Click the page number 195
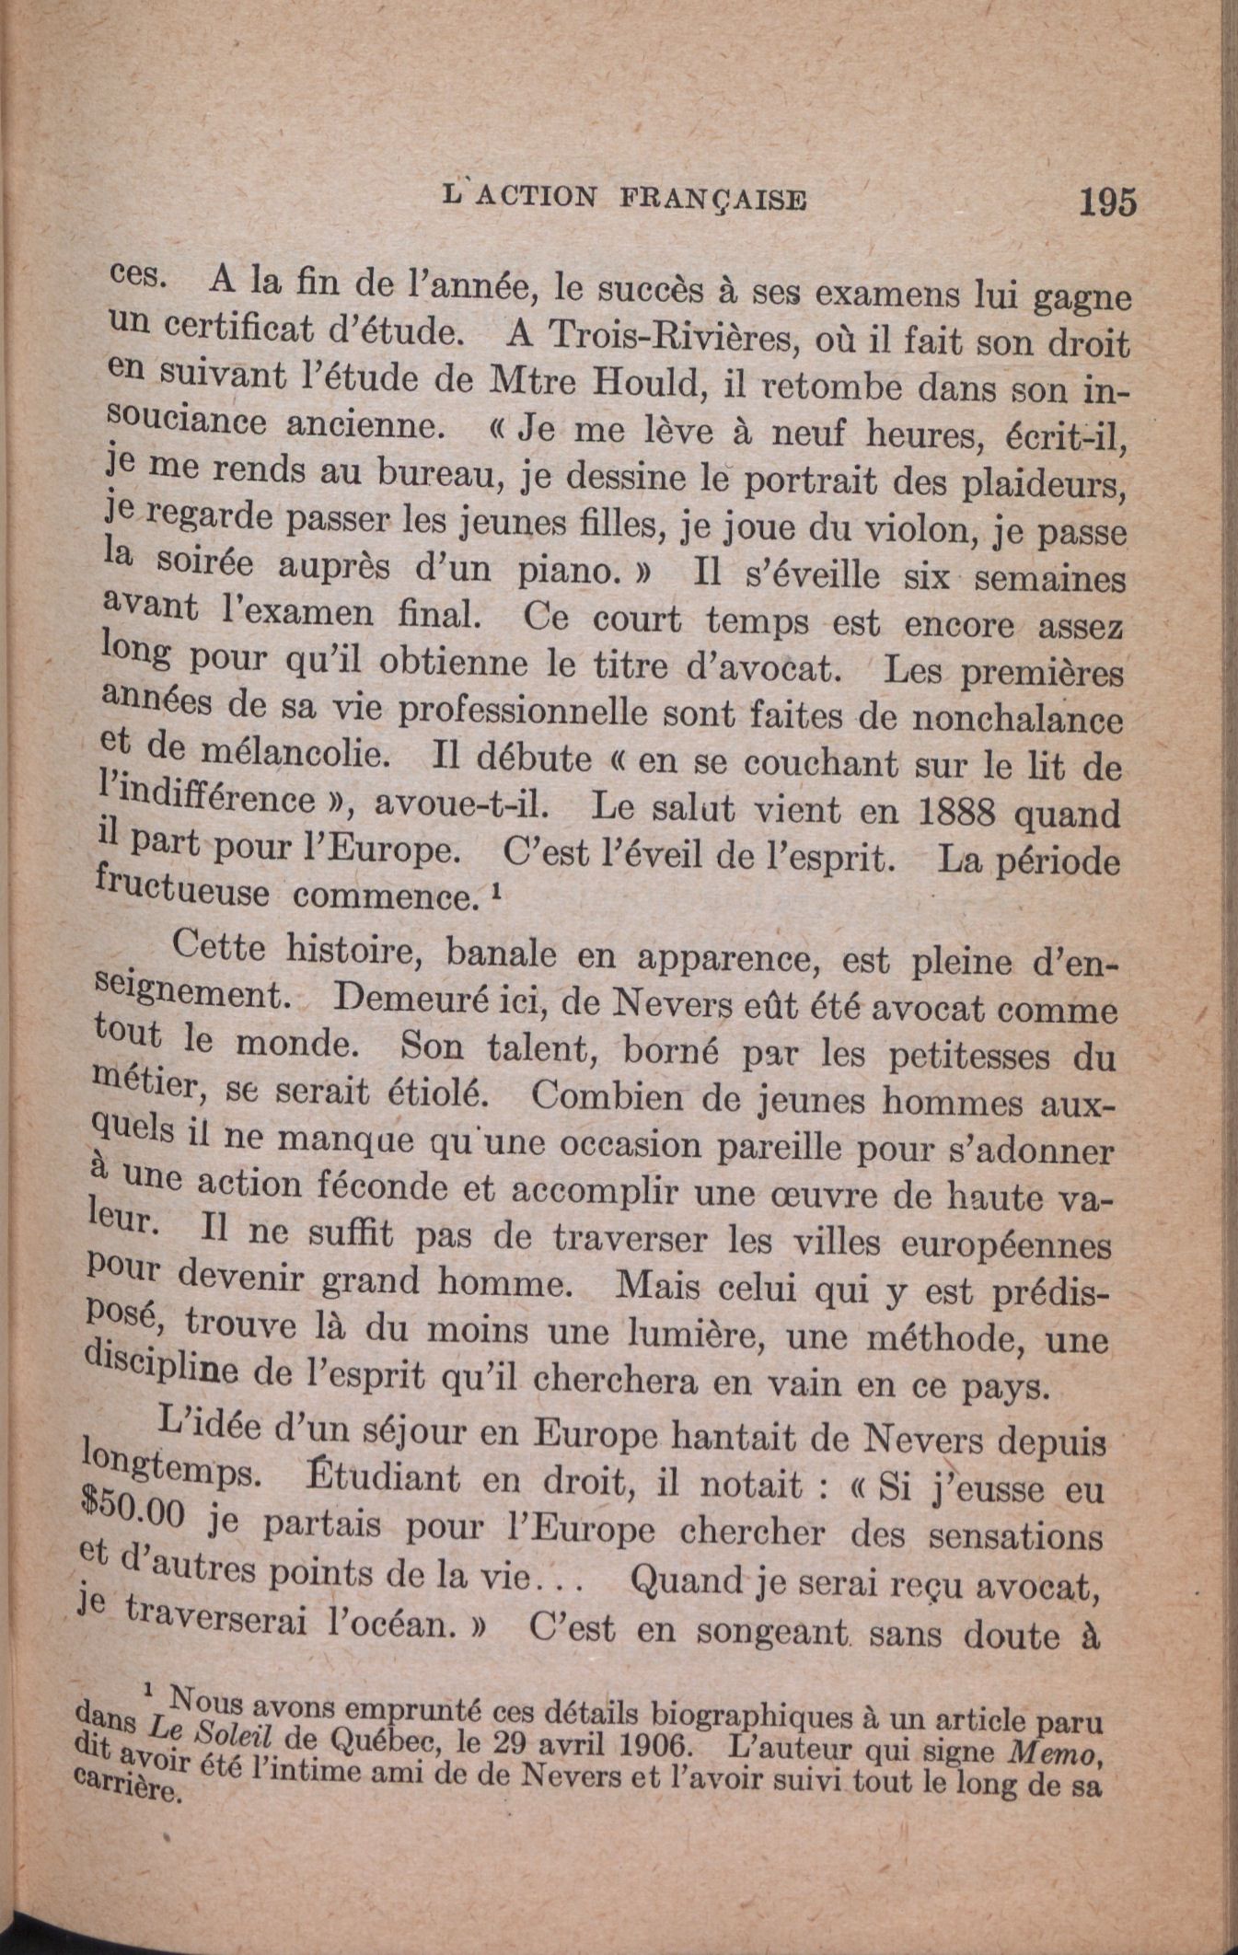(x=1108, y=202)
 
